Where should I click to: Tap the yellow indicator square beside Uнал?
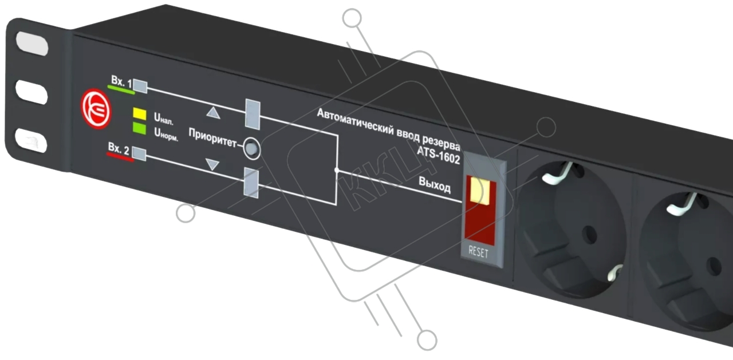[139, 113]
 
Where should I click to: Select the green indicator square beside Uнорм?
[139, 128]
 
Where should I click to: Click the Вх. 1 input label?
[121, 81]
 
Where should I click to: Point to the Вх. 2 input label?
[119, 149]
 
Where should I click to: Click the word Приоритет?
[212, 138]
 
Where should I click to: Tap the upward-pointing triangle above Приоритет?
[214, 113]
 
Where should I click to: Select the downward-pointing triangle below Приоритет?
[212, 164]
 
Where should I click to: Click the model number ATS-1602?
[439, 155]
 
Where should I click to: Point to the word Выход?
[435, 185]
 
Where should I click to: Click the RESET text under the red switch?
[478, 252]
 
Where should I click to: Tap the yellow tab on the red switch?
[480, 191]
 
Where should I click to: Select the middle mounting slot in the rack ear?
[31, 93]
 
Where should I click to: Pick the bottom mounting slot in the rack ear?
[31, 141]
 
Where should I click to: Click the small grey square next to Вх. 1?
[140, 86]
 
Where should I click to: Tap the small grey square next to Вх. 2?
[139, 154]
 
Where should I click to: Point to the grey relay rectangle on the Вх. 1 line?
[253, 114]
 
